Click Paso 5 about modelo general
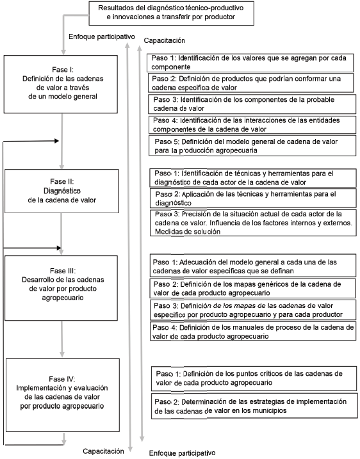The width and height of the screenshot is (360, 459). tap(251, 145)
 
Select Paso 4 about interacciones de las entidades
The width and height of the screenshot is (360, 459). tap(251, 124)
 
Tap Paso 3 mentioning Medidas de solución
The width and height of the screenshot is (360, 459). tap(251, 222)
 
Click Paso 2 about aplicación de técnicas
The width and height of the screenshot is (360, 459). tap(251, 197)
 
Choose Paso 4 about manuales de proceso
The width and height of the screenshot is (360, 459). tap(251, 332)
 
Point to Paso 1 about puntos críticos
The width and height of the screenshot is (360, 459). tap(251, 377)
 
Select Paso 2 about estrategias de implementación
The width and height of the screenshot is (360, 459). tap(251, 405)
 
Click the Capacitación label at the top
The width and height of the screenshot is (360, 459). tap(164, 40)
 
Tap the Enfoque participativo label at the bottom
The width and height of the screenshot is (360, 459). tap(183, 453)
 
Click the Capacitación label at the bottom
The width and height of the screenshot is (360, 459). tap(102, 451)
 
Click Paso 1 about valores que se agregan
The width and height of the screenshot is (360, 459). tap(251, 61)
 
